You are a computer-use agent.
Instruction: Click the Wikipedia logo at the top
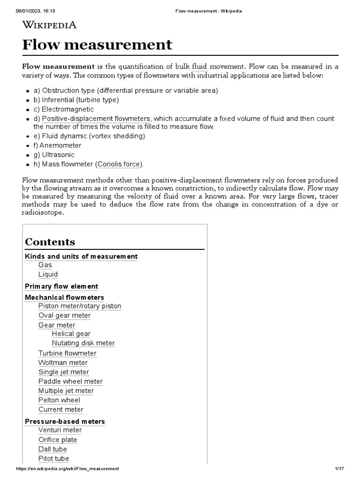(49, 25)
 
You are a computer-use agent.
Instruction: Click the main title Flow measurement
(97, 45)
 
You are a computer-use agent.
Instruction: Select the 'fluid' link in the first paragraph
(199, 67)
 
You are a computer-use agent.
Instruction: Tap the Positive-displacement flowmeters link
(96, 119)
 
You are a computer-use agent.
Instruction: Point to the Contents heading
(50, 242)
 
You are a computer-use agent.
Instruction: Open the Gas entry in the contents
(45, 265)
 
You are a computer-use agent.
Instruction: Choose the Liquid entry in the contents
(48, 274)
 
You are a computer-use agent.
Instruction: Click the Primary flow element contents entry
(61, 286)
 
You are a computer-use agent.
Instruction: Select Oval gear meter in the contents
(64, 315)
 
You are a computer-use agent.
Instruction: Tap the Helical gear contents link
(71, 334)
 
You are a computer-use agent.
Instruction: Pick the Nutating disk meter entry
(83, 343)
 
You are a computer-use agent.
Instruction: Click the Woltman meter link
(63, 362)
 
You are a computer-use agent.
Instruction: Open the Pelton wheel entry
(59, 400)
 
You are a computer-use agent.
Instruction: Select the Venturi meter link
(60, 430)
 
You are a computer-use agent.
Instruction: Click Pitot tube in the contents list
(53, 458)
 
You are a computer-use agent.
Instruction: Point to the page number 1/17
(339, 469)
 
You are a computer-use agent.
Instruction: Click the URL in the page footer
(67, 469)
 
